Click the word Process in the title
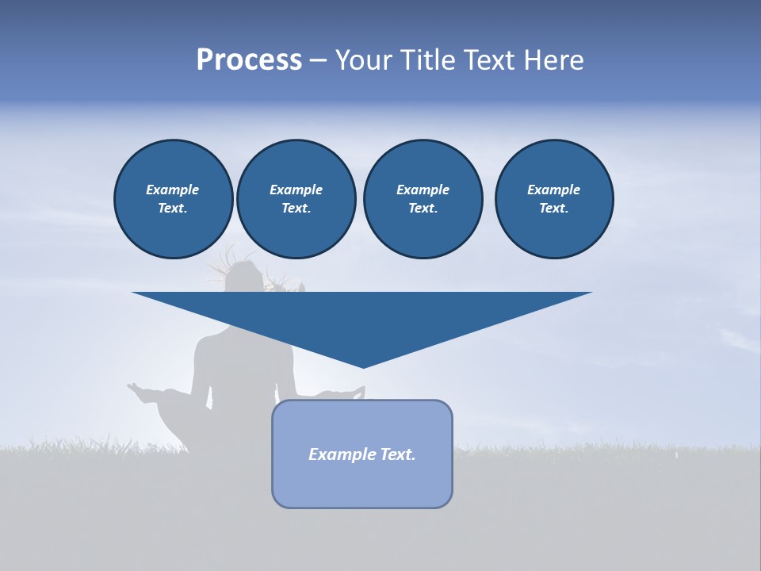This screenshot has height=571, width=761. pyautogui.click(x=249, y=60)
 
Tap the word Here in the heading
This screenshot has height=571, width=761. pyautogui.click(x=553, y=60)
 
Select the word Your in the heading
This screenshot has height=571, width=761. pyautogui.click(x=364, y=60)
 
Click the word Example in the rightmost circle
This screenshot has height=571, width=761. pyautogui.click(x=553, y=190)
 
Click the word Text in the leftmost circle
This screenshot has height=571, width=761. pyautogui.click(x=172, y=209)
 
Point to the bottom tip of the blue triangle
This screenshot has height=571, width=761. pyautogui.click(x=363, y=366)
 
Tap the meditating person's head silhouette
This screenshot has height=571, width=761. pyautogui.click(x=242, y=275)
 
